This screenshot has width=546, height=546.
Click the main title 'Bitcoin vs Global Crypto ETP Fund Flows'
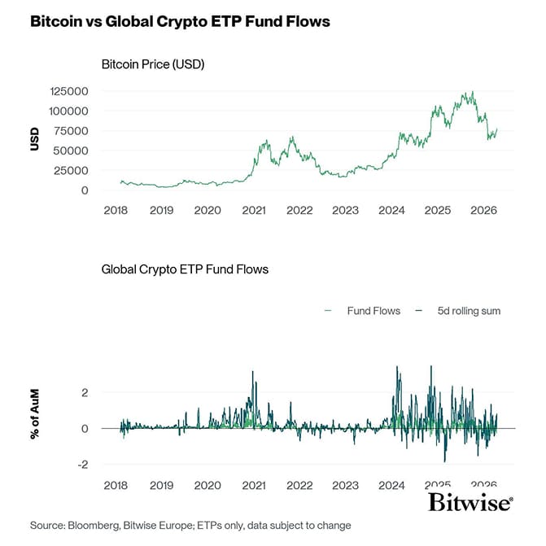pyautogui.click(x=180, y=22)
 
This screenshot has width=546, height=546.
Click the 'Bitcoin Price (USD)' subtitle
pyautogui.click(x=152, y=64)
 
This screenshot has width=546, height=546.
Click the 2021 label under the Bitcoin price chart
pyautogui.click(x=254, y=210)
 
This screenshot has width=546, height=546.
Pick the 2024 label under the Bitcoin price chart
pyautogui.click(x=391, y=210)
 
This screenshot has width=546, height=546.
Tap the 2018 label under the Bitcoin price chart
pyautogui.click(x=116, y=210)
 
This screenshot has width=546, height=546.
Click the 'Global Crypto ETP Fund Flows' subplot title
pyautogui.click(x=185, y=269)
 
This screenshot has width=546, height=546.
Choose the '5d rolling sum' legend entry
pyautogui.click(x=460, y=311)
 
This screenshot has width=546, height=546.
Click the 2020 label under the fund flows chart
pyautogui.click(x=207, y=485)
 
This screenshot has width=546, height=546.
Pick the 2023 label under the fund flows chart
pyautogui.click(x=345, y=485)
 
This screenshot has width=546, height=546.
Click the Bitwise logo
pyautogui.click(x=470, y=502)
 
